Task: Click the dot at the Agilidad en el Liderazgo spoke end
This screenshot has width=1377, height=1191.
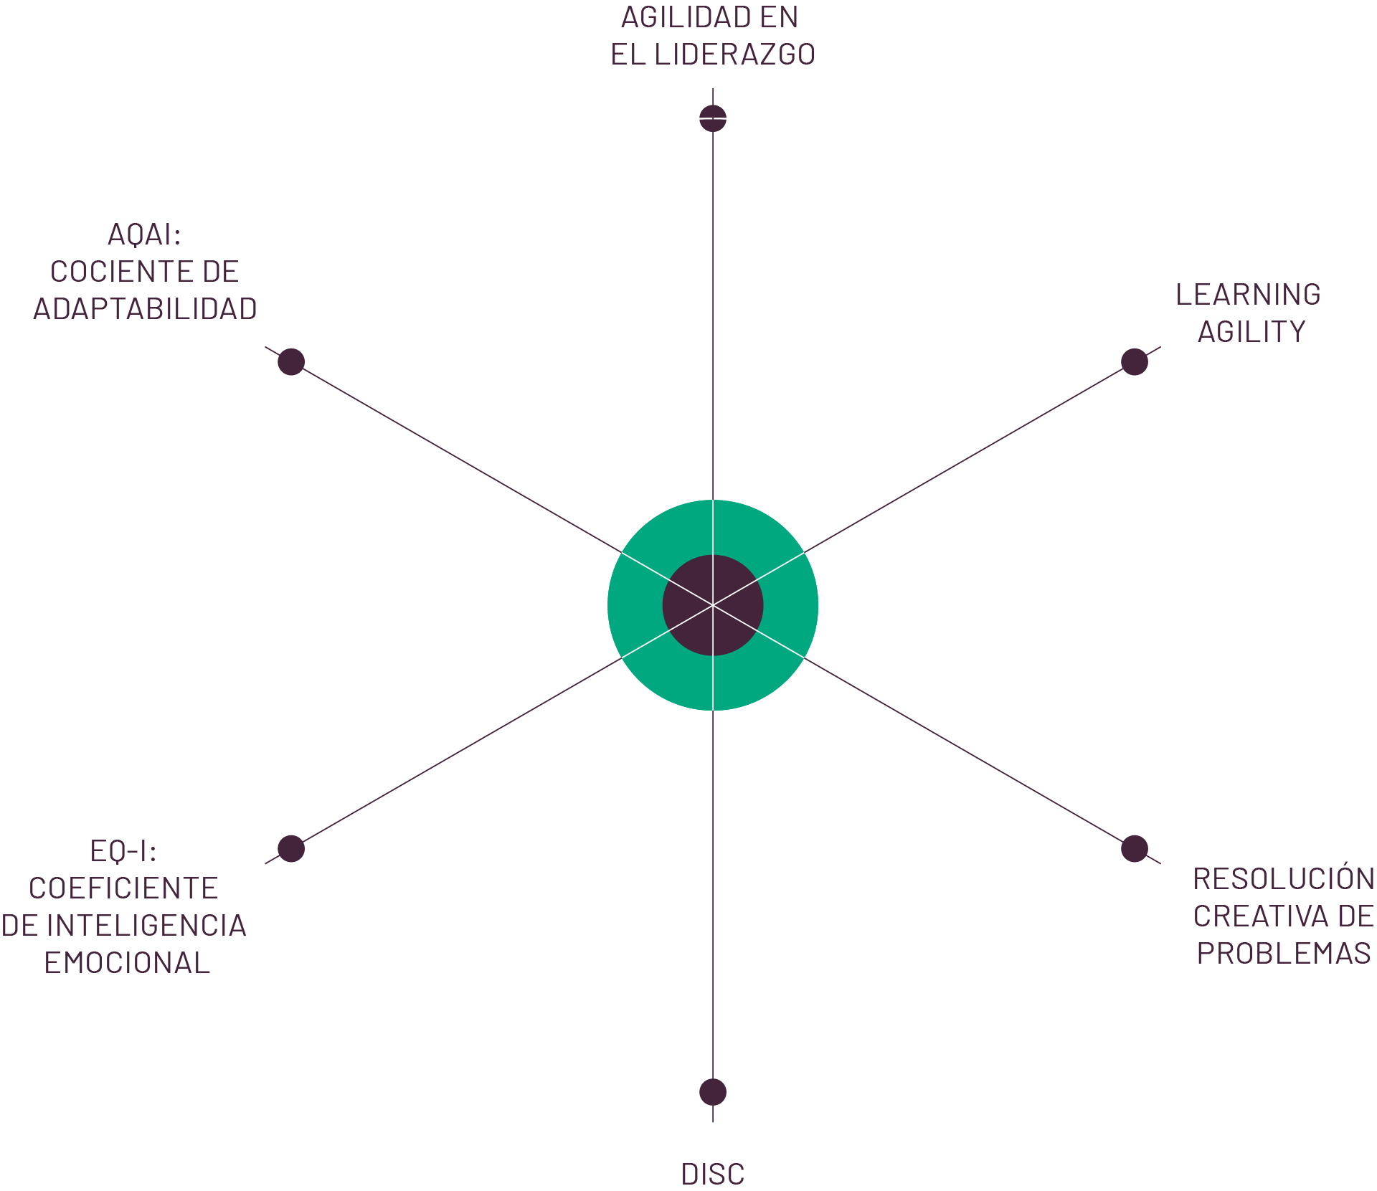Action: [x=713, y=118]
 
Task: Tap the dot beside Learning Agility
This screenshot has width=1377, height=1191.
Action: [x=1135, y=361]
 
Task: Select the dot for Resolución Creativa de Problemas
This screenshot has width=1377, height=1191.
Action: [x=1135, y=848]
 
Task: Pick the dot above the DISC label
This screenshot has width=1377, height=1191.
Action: [x=713, y=1092]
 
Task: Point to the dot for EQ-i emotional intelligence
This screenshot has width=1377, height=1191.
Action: [x=291, y=848]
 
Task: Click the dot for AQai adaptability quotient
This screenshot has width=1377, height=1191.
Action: [x=291, y=361]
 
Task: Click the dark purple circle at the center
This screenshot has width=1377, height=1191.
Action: [x=713, y=605]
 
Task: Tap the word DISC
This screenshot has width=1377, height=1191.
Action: [x=713, y=1175]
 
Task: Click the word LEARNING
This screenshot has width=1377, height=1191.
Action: [x=1248, y=295]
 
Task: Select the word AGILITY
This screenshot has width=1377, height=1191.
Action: [x=1251, y=332]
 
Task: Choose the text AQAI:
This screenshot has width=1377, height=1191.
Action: [x=144, y=234]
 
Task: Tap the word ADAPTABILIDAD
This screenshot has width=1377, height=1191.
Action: [x=145, y=309]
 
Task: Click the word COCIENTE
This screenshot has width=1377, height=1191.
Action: [x=116, y=272]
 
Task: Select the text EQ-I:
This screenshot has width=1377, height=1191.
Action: [x=123, y=851]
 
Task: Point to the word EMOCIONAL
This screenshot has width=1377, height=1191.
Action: [x=128, y=963]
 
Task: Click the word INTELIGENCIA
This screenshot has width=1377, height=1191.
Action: [x=147, y=926]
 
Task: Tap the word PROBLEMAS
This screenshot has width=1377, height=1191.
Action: [x=1284, y=954]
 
